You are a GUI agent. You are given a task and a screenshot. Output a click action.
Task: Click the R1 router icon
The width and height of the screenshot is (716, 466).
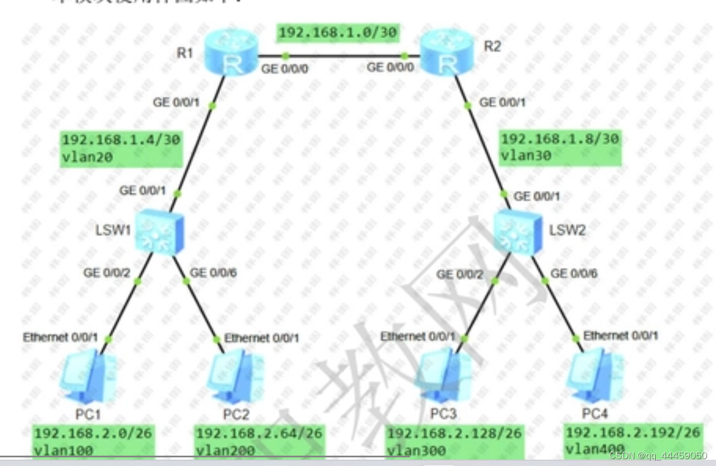[x=232, y=55]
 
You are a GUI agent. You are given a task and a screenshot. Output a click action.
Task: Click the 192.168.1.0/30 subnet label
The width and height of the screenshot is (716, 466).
[x=337, y=33]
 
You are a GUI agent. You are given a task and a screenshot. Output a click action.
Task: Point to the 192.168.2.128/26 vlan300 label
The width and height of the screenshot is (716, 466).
[x=454, y=441]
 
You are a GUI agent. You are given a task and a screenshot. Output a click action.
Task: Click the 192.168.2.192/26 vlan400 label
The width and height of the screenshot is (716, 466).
[x=633, y=440]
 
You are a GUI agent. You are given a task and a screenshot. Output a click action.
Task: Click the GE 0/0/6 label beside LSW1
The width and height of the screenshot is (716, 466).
[x=213, y=272]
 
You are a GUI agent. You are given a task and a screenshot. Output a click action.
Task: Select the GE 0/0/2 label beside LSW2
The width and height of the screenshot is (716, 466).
[x=460, y=275]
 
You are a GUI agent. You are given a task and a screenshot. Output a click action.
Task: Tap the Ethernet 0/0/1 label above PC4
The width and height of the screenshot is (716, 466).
[x=621, y=336]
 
